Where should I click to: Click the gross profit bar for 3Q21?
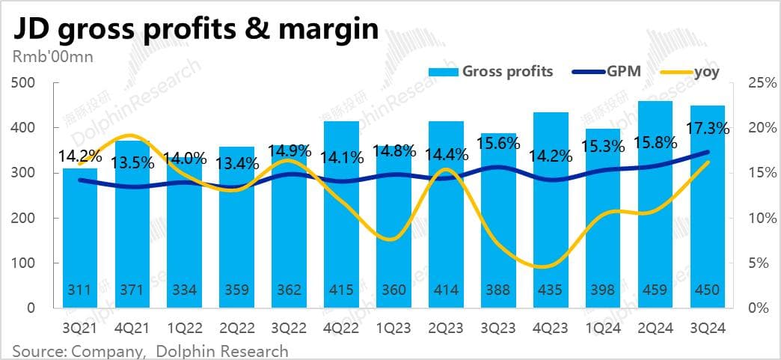coord(80,240)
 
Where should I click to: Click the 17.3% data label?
coord(707,129)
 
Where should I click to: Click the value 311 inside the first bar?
coord(80,290)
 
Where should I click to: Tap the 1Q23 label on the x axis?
coord(393,328)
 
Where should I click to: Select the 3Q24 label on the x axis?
coord(707,328)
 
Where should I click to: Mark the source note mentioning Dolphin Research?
coord(150,350)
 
